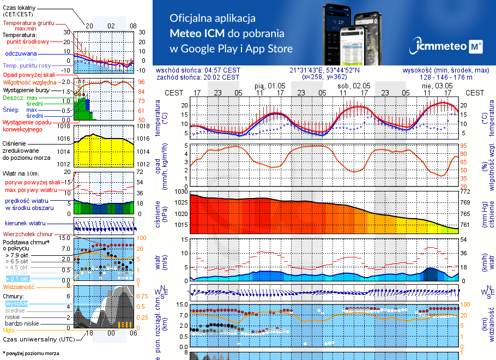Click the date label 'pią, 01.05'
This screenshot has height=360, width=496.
point(270,86)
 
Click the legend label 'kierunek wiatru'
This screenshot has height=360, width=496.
point(26,224)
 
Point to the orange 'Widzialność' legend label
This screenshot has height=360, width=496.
point(19,286)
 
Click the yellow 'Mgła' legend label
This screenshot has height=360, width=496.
point(9,330)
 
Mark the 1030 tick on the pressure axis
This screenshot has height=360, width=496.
point(180,191)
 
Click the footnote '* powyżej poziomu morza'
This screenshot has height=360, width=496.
point(31,353)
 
